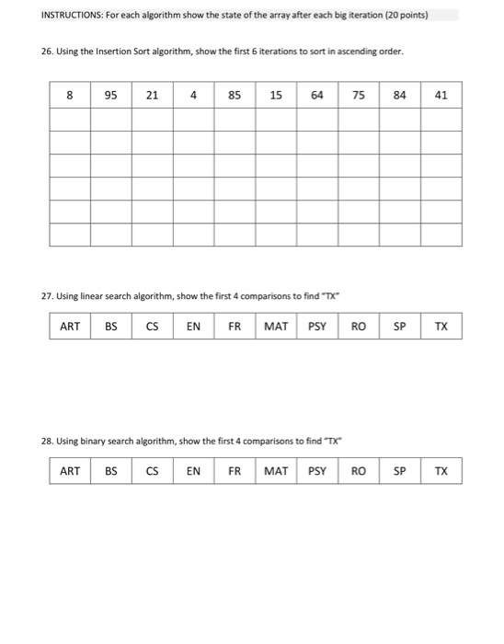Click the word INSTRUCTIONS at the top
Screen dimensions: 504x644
46,15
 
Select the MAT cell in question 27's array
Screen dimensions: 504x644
276,326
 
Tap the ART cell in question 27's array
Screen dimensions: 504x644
70,326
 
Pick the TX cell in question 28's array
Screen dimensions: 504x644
441,471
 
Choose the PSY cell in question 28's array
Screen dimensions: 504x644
317,471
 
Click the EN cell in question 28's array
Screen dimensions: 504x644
194,471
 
